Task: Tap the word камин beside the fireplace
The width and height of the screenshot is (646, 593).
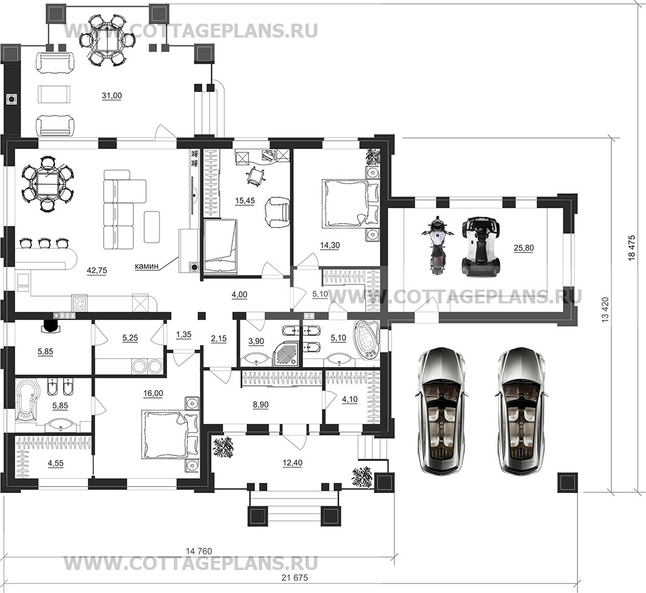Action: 147,267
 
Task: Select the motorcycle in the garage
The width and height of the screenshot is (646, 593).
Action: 437,245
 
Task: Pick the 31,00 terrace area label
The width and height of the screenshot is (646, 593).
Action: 112,96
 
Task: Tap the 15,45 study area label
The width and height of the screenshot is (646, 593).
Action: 245,200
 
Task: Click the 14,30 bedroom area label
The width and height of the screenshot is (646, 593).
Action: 330,245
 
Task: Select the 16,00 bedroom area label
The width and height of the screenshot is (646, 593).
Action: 153,393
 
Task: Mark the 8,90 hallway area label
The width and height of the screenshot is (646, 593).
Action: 260,405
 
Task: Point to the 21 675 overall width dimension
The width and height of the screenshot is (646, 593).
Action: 295,578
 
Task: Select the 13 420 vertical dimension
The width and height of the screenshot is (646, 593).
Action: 605,310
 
